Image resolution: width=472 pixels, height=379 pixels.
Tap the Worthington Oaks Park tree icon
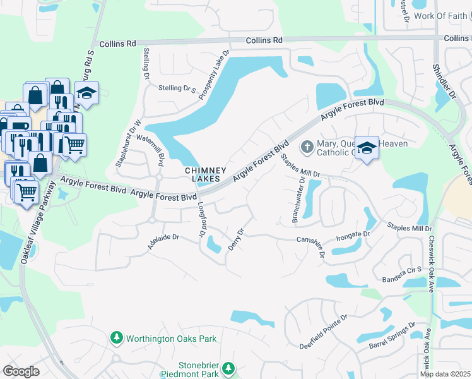(116, 339)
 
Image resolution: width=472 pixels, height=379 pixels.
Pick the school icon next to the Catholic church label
(367, 148)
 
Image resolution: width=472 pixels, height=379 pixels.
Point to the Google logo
(21, 371)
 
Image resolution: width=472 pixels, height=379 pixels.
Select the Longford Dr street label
(203, 219)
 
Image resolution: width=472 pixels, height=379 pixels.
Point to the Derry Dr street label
(236, 239)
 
